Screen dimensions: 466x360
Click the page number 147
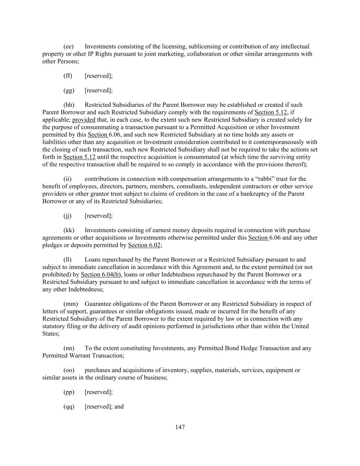tap(180, 427)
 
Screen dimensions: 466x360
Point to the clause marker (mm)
tap(71, 304)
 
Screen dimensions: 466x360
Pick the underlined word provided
tap(84, 120)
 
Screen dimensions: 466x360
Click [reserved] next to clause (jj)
tap(99, 216)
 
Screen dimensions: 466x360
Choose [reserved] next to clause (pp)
tap(99, 392)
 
